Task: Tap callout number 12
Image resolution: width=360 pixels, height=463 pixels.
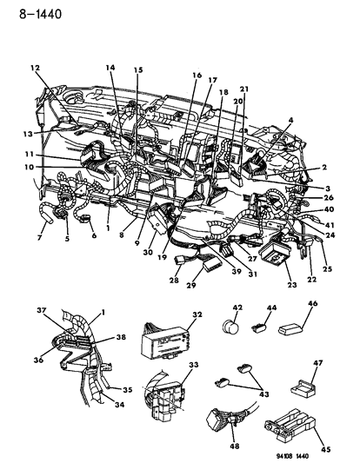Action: pyautogui.click(x=36, y=69)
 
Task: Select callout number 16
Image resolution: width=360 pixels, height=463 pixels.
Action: pyautogui.click(x=197, y=76)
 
